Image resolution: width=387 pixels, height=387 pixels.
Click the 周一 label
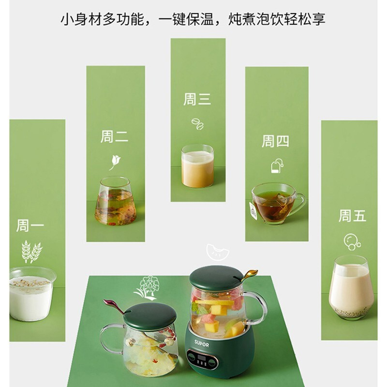tap(30, 225)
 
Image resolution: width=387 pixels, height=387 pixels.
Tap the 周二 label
tap(114, 136)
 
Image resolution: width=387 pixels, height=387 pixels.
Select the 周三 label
tap(197, 99)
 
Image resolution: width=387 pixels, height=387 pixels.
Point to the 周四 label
tap(275, 141)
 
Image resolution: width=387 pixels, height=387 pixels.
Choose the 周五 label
tap(352, 216)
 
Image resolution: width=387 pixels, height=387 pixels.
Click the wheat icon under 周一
tap(31, 251)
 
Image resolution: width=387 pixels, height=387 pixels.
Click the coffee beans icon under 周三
tap(197, 123)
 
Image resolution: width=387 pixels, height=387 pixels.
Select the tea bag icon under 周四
tap(277, 165)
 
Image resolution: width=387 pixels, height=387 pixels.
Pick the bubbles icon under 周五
tap(352, 242)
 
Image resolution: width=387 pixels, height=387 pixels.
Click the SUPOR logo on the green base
tap(201, 343)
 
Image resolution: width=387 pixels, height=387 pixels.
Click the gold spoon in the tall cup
tap(248, 276)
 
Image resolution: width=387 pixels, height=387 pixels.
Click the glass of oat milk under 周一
tap(31, 294)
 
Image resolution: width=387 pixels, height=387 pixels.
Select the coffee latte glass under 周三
tap(197, 166)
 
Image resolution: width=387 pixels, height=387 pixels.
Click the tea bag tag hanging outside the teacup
tap(253, 210)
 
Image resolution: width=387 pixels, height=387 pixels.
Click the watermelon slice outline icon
tap(217, 252)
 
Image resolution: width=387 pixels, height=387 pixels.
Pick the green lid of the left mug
tap(150, 317)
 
